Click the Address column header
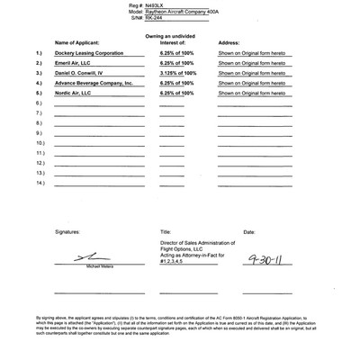(229, 42)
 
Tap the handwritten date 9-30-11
(262, 259)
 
